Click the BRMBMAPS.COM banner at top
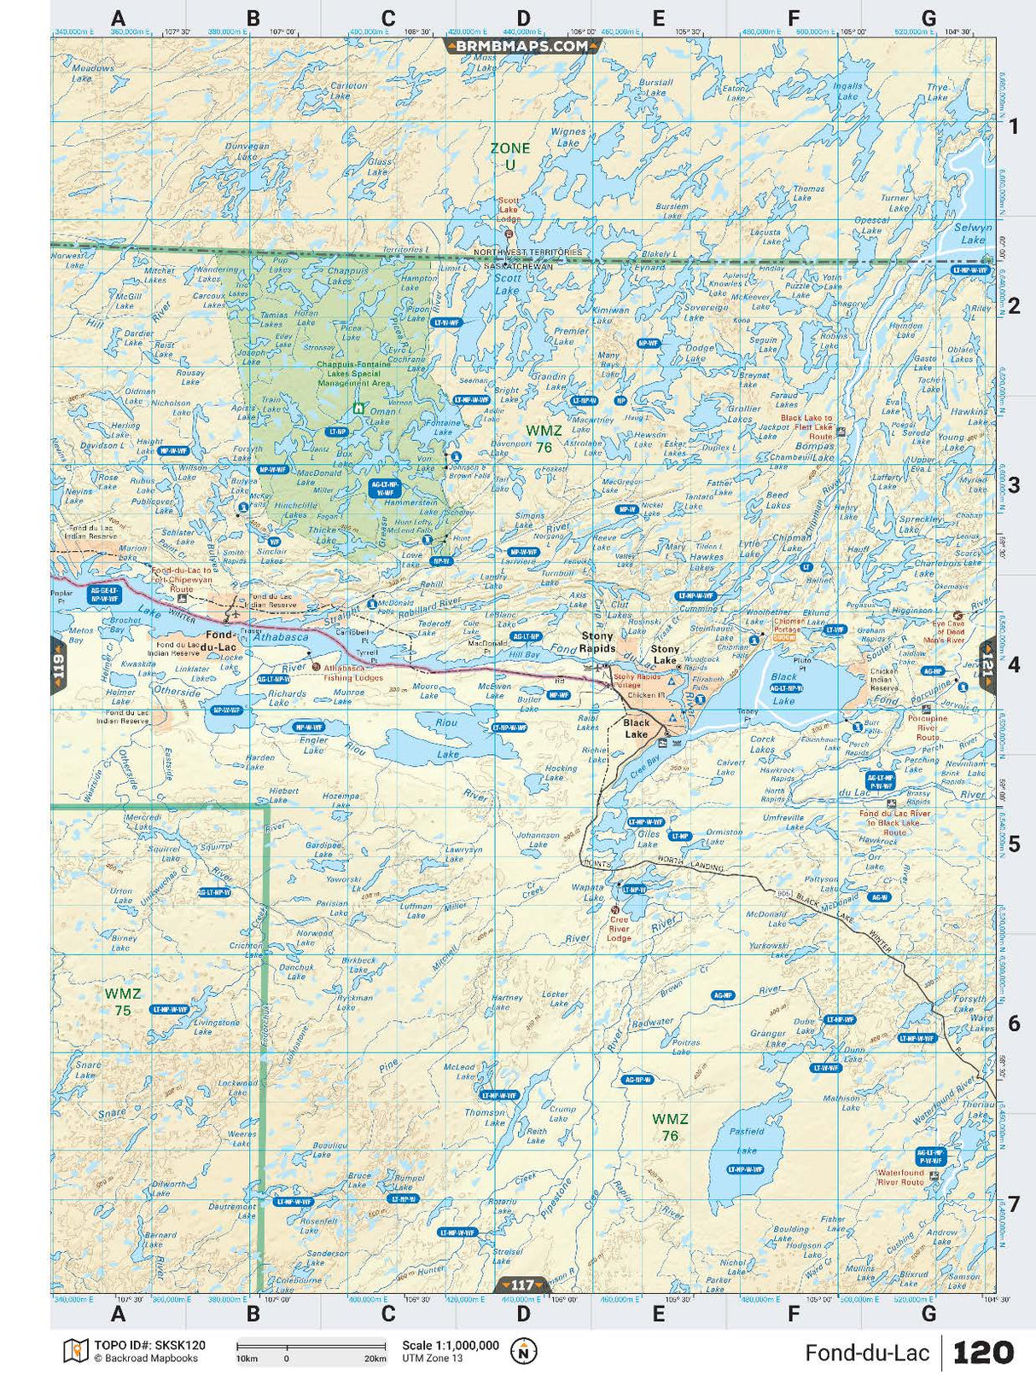522,46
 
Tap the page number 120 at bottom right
982,1353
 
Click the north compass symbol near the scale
523,1351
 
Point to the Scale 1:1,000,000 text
451,1345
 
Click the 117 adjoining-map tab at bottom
522,1284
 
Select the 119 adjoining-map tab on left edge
58,664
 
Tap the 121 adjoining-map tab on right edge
987,664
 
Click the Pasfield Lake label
747,1139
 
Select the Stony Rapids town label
597,641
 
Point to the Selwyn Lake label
973,234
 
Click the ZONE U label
509,155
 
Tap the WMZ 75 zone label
123,1001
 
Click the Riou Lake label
446,738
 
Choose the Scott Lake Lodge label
509,210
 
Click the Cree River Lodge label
619,929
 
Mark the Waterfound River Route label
901,1177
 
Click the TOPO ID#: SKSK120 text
149,1345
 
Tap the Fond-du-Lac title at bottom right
866,1353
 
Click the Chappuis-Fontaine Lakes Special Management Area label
353,374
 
